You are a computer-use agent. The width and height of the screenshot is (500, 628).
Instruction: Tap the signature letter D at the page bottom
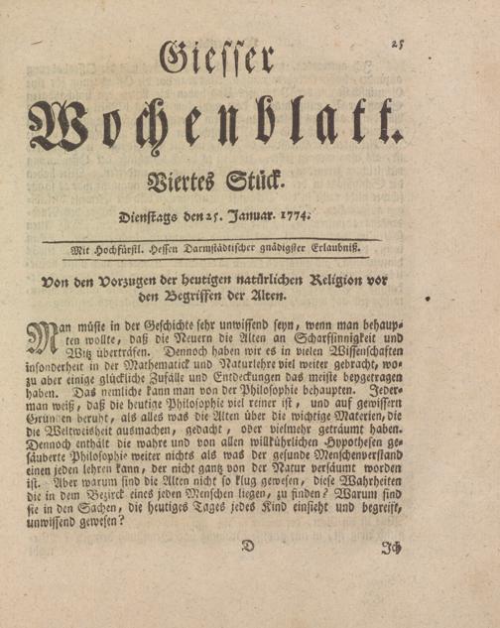(x=249, y=546)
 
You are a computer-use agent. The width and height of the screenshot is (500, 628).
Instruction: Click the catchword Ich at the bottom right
(x=392, y=547)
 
